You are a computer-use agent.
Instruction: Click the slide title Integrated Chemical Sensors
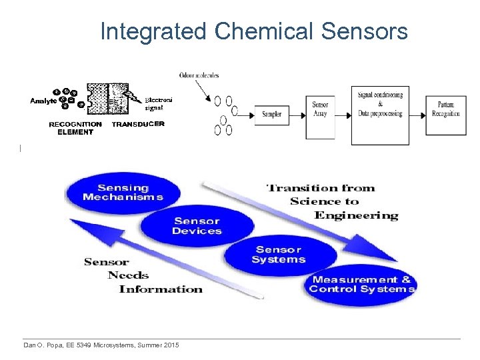[x=254, y=31]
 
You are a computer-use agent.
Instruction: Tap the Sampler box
[x=271, y=114]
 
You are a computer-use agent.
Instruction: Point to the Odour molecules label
[x=199, y=75]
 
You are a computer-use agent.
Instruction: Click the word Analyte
[x=43, y=101]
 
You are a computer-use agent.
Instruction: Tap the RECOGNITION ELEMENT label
[x=75, y=128]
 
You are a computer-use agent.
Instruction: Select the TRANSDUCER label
[x=138, y=124]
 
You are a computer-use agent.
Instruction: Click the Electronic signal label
[x=159, y=103]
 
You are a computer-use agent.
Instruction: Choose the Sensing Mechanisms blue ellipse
[x=123, y=192]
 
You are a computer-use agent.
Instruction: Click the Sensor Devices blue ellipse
[x=197, y=226]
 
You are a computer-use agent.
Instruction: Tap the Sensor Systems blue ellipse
[x=279, y=255]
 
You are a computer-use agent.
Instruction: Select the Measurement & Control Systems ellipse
[x=361, y=285]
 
